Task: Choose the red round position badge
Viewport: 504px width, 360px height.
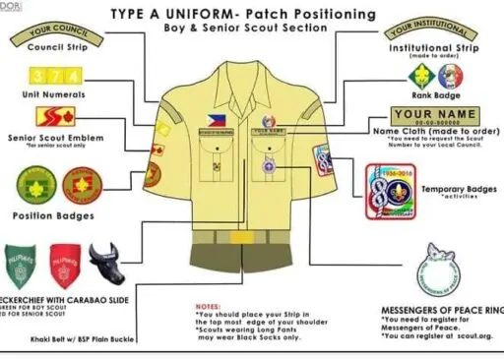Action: [x=82, y=184]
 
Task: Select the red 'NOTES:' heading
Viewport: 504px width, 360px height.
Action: [x=209, y=306]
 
